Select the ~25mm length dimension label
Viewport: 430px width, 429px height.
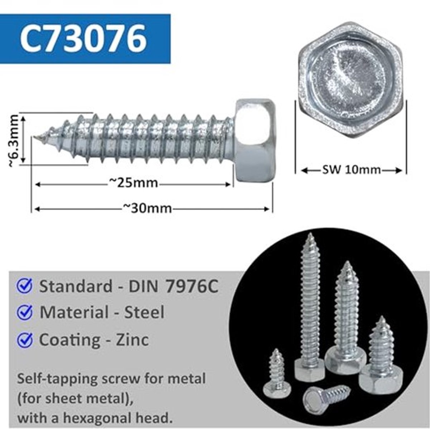(133, 183)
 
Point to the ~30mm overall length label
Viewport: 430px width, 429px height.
(147, 208)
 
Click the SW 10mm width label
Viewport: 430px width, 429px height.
(352, 170)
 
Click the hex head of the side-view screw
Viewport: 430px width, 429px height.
(256, 140)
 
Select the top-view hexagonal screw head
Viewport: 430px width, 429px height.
(351, 81)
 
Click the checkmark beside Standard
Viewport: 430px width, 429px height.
(25, 287)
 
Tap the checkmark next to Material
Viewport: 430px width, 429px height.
(25, 313)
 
